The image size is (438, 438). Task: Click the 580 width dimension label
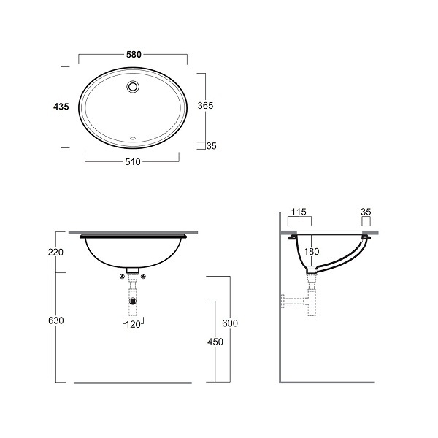click(134, 55)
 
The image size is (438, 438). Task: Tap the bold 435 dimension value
click(61, 107)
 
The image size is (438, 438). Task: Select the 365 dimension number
click(205, 105)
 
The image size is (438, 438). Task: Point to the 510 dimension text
click(133, 162)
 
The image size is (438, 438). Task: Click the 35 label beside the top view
click(212, 146)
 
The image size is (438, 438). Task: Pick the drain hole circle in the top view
click(133, 86)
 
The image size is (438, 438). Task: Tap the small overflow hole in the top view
click(133, 138)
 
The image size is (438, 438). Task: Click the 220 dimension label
click(55, 252)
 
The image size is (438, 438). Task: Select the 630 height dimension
click(56, 320)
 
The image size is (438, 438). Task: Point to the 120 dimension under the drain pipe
click(133, 324)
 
